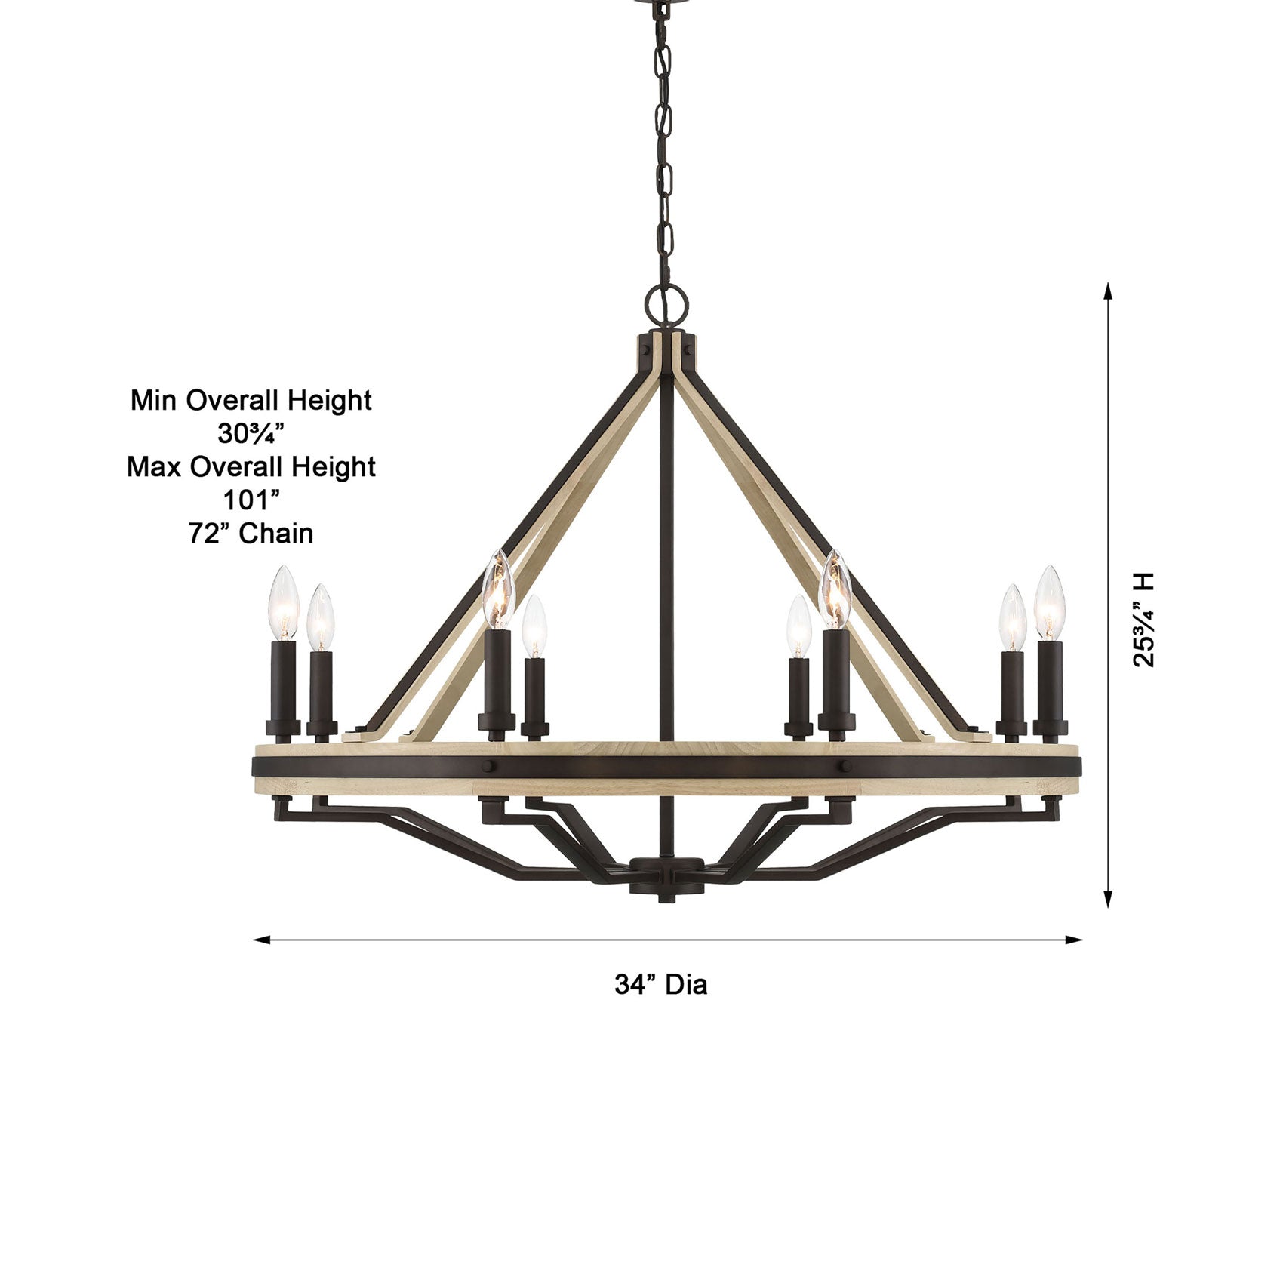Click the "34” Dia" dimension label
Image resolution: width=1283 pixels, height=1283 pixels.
[x=660, y=985]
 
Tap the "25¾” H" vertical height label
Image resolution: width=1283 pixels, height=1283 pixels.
[x=1143, y=620]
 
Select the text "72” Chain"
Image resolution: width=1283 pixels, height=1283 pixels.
[x=251, y=534]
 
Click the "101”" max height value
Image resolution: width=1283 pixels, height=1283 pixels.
[x=251, y=500]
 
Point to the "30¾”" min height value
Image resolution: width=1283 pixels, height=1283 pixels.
[x=251, y=433]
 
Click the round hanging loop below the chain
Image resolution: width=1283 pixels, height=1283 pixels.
[x=667, y=301]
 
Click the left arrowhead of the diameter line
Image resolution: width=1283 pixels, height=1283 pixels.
[x=260, y=940]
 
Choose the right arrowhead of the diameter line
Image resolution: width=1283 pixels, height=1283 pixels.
[x=1075, y=940]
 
